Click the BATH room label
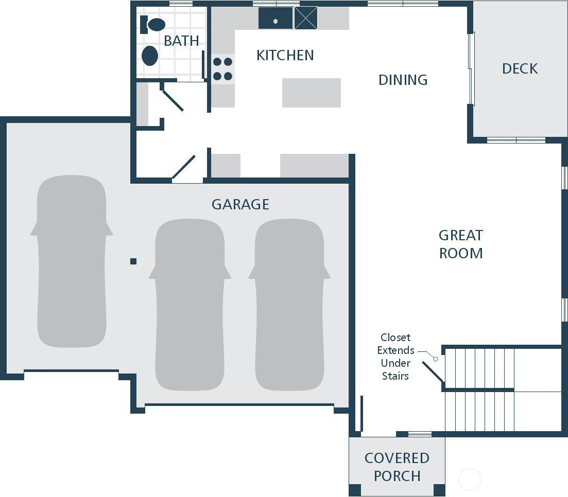click(x=181, y=41)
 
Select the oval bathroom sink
click(x=150, y=56)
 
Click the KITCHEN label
click(x=285, y=56)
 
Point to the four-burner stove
click(x=223, y=69)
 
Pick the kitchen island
click(x=312, y=93)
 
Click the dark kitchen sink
click(x=276, y=17)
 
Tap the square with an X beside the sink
click(x=306, y=17)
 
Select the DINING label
click(x=403, y=80)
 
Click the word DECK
click(x=520, y=69)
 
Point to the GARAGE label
click(x=240, y=205)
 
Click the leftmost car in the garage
click(x=72, y=261)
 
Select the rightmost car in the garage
click(x=289, y=305)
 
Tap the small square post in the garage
click(x=133, y=261)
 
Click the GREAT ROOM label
click(x=461, y=244)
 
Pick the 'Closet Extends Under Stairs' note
click(x=395, y=357)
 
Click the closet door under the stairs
click(x=433, y=372)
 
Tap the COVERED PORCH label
click(x=397, y=467)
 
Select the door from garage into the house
click(x=184, y=167)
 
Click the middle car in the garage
click(x=190, y=305)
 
